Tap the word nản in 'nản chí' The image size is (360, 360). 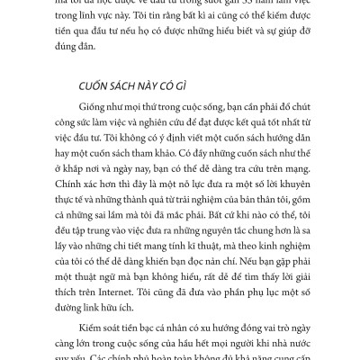point(166,257)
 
